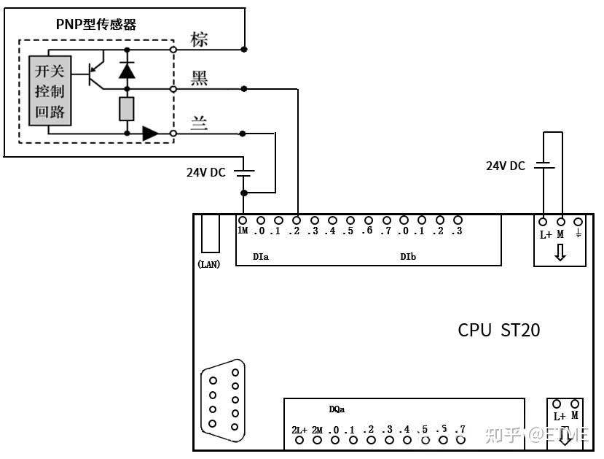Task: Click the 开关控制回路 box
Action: click(50, 90)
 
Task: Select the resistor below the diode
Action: click(127, 109)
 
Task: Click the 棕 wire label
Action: click(199, 39)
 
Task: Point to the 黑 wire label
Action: click(199, 78)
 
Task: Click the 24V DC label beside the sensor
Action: click(206, 173)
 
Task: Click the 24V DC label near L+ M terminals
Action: click(505, 166)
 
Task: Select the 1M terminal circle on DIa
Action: click(243, 220)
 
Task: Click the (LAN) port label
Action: click(209, 264)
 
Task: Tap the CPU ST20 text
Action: click(499, 330)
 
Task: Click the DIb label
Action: click(408, 257)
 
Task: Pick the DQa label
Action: click(337, 410)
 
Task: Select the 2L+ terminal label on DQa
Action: click(299, 430)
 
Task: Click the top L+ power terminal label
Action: click(545, 234)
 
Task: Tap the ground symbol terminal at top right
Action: click(578, 221)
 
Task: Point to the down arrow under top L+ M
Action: click(560, 252)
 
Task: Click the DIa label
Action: click(261, 257)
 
